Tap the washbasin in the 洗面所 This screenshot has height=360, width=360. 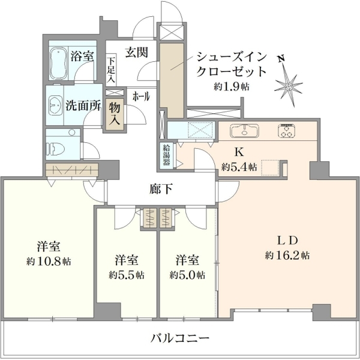point(55,106)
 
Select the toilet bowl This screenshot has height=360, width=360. point(56,148)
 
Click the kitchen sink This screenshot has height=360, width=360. point(245,131)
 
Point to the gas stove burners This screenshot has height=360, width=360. point(287,131)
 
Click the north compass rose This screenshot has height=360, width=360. point(289,86)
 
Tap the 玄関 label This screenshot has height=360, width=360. point(136,53)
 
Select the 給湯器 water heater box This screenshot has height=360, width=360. point(166,155)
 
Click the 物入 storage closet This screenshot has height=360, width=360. point(115,114)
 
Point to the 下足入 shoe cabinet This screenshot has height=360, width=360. point(111,70)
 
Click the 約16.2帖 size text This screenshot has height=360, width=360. point(287,256)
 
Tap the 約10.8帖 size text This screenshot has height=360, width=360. point(49,261)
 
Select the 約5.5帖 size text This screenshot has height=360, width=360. point(127,275)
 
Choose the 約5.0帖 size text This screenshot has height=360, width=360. point(187,275)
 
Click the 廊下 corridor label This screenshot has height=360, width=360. point(161,189)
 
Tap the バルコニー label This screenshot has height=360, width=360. point(180,338)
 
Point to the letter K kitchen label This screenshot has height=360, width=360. point(239,152)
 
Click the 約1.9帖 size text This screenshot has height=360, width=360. point(232,86)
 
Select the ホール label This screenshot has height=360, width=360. point(141,97)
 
